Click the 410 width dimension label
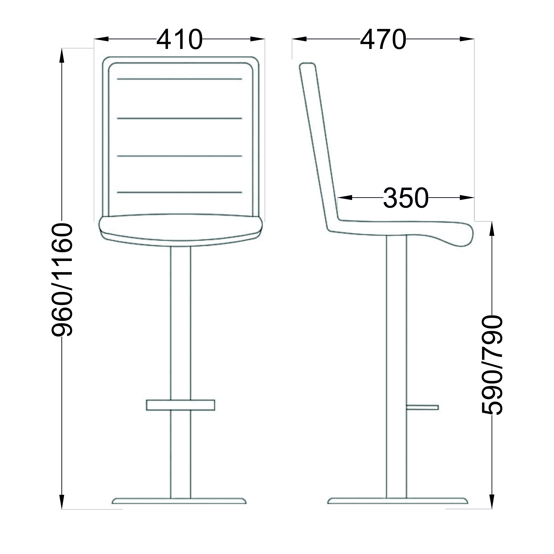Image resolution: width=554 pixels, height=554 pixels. coord(179,39)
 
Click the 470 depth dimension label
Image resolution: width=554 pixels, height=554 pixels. coord(383,39)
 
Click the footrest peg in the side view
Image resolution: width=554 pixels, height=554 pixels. coord(422,408)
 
